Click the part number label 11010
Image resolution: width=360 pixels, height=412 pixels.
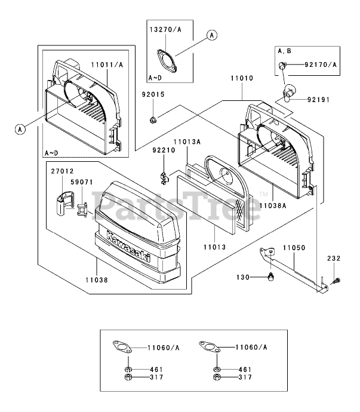click(x=242, y=78)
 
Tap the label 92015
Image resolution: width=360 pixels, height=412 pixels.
click(x=153, y=94)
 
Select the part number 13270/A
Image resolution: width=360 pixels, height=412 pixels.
click(x=165, y=29)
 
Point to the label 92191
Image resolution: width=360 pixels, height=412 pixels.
click(x=318, y=100)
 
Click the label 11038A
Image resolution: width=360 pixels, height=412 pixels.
click(x=272, y=205)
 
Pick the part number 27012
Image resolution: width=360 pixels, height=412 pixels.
click(x=62, y=171)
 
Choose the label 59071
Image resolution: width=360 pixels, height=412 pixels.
click(x=82, y=182)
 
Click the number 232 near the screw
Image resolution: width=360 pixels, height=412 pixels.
click(x=334, y=259)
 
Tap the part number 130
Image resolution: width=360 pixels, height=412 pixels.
click(x=243, y=277)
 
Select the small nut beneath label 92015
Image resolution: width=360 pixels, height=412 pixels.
click(x=152, y=120)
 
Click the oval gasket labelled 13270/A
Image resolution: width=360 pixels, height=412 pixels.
click(x=167, y=61)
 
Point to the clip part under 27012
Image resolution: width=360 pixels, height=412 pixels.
click(x=64, y=203)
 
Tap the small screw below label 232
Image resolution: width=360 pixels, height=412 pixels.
click(x=336, y=281)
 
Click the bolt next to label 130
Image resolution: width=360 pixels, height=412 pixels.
click(x=270, y=277)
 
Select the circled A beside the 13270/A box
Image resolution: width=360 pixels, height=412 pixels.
click(x=212, y=35)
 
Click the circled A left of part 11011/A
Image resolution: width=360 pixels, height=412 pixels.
click(x=20, y=130)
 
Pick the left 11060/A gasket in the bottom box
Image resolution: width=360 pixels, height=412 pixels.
click(x=122, y=347)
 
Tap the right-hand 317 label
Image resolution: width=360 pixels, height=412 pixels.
click(x=245, y=377)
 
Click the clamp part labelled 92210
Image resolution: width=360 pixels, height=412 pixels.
click(x=164, y=178)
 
